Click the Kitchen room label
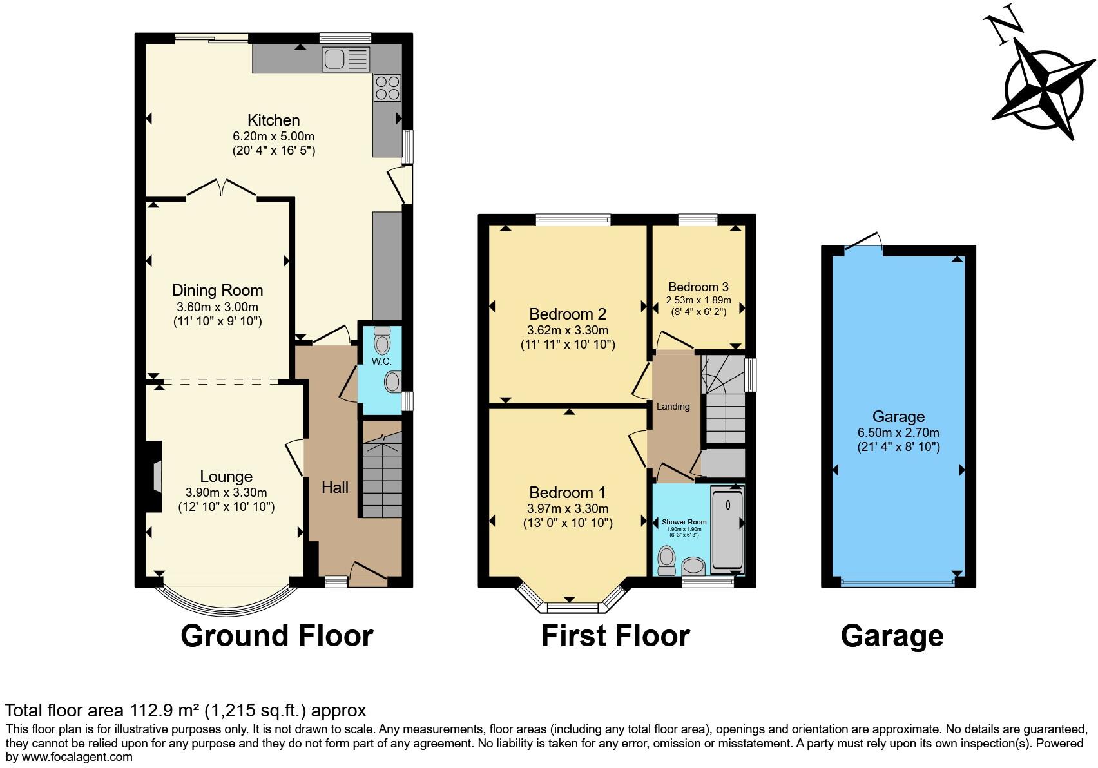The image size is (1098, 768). point(274,120)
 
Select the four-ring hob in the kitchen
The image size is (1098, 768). point(387,88)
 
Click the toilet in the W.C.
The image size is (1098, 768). point(382,340)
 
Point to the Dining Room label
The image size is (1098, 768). point(217,291)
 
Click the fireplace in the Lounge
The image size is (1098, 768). point(155,477)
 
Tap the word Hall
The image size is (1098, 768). point(335,488)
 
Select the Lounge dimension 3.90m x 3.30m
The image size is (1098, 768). point(226,493)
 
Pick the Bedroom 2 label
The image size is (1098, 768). point(567,314)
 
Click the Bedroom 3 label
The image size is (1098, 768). point(698,287)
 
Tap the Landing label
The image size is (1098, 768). point(673,407)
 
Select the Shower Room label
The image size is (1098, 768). point(684,522)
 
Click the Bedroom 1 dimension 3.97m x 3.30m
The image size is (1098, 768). point(567,508)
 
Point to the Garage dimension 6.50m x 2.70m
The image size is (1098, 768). point(898,433)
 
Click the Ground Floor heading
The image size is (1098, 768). point(276,636)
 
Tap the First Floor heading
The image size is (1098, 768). point(615,636)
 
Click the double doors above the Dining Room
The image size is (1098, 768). point(222,187)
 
